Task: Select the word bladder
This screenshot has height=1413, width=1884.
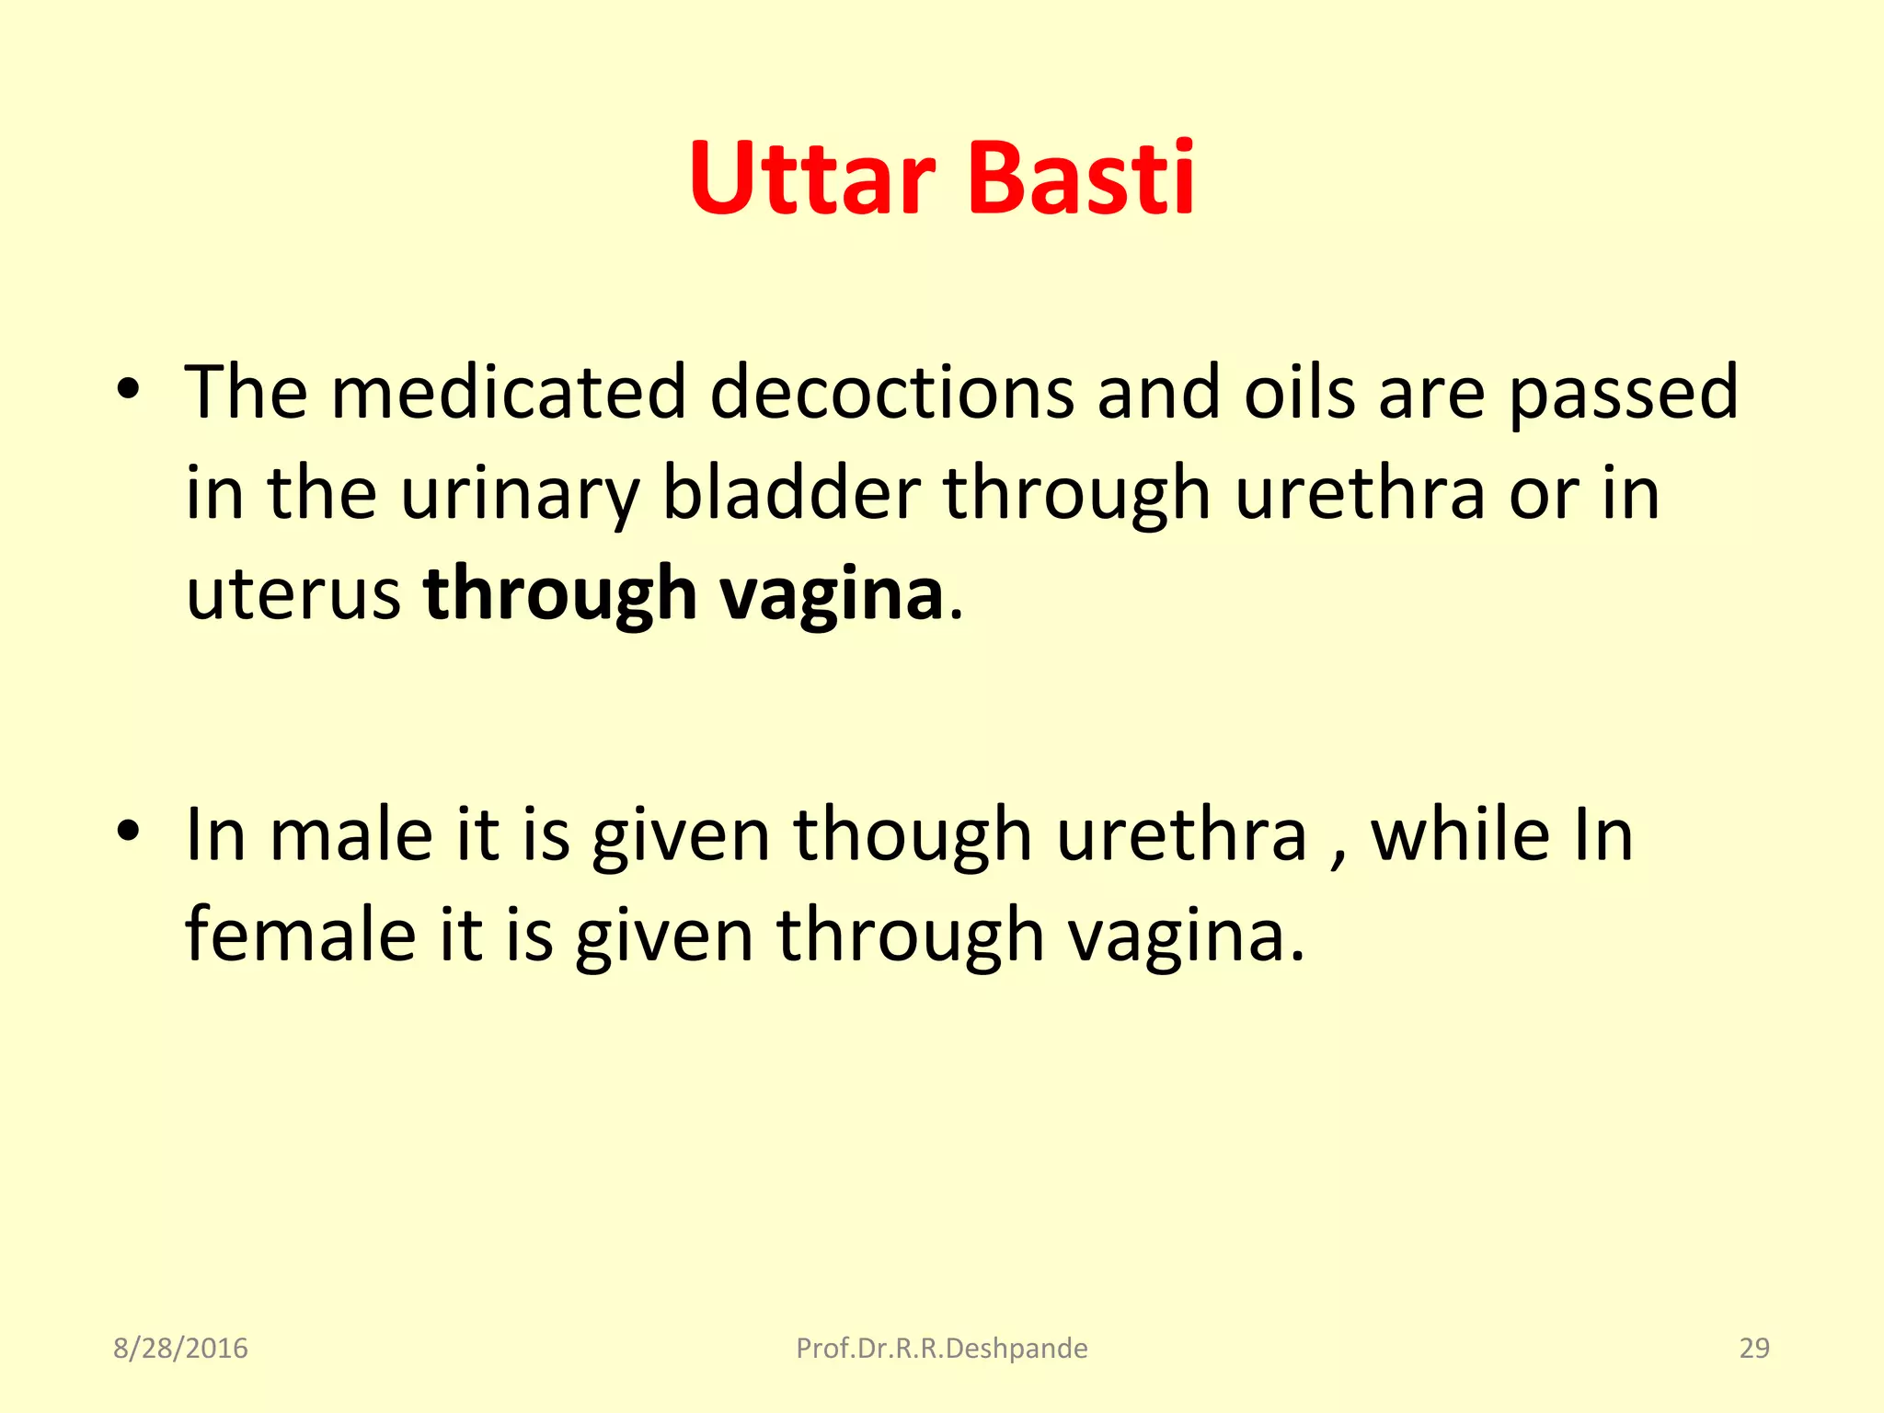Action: (791, 493)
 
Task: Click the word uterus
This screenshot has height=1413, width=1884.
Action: (293, 595)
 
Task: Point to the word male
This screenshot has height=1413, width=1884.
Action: (350, 835)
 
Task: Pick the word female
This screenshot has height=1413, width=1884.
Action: (300, 936)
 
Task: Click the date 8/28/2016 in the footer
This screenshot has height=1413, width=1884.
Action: (180, 1348)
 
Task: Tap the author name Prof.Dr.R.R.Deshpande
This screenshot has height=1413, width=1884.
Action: (941, 1348)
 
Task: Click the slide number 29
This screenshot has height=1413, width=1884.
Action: (1753, 1348)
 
